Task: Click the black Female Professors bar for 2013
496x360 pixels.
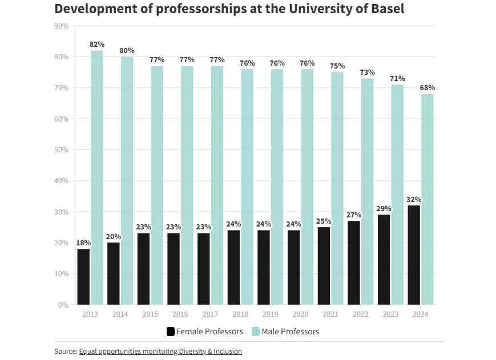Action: click(84, 277)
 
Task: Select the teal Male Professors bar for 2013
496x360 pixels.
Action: click(97, 177)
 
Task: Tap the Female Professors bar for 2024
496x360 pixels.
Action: click(414, 255)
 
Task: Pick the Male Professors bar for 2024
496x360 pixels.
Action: click(428, 199)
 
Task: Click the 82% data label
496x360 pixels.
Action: click(97, 45)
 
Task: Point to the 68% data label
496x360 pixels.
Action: click(428, 88)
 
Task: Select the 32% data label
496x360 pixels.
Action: click(414, 200)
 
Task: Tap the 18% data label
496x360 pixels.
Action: click(83, 243)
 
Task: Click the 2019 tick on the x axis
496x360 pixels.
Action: click(271, 314)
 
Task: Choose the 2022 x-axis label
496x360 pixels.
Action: click(360, 314)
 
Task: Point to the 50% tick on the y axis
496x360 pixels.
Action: click(61, 150)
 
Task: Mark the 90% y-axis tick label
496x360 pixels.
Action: click(61, 26)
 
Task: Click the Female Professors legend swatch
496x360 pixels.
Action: click(170, 331)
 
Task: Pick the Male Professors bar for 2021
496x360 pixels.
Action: click(337, 188)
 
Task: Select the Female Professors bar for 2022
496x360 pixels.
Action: click(354, 262)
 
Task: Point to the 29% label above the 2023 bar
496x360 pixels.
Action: click(384, 209)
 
